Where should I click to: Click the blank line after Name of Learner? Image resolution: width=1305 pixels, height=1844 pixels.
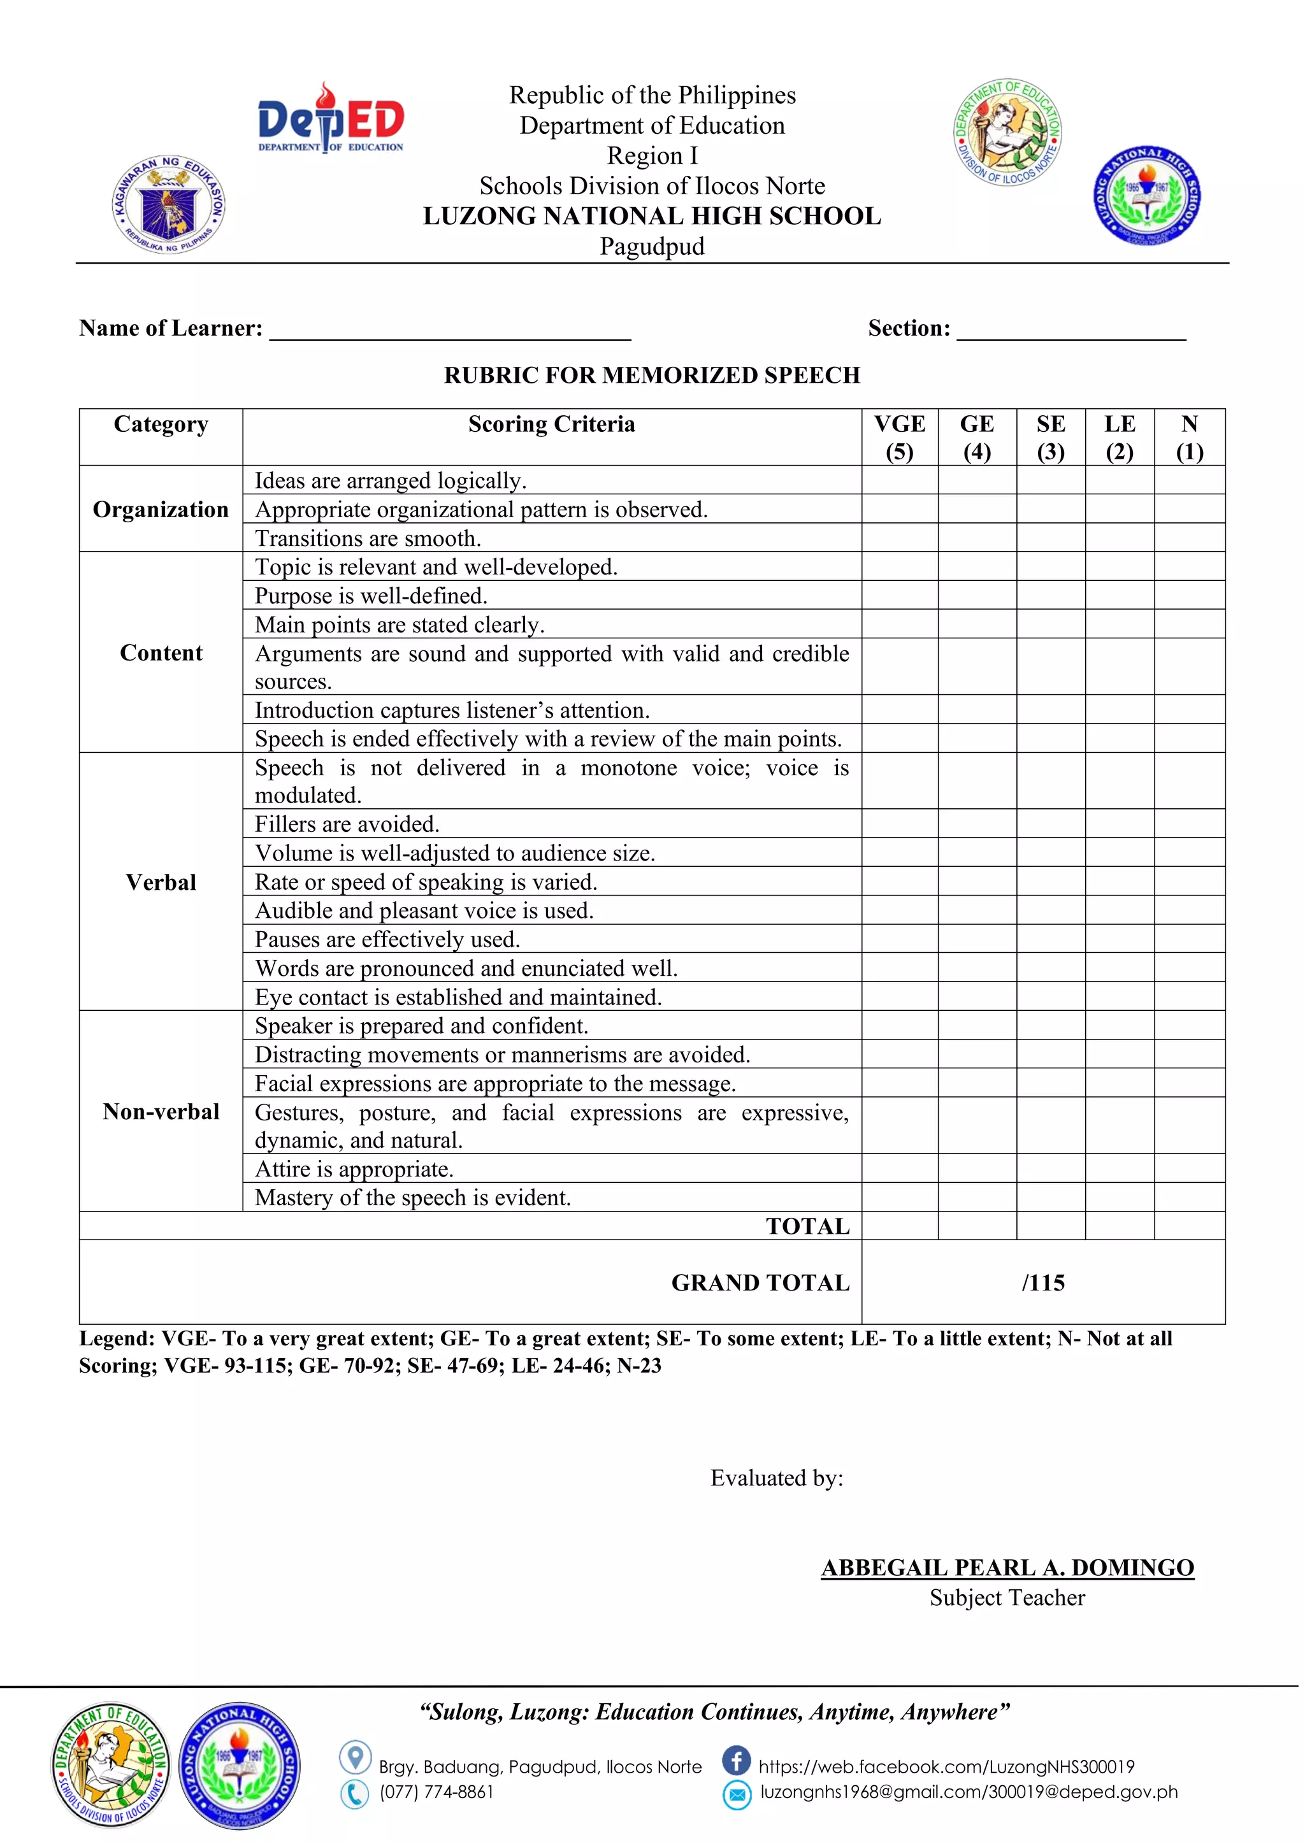tap(450, 331)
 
